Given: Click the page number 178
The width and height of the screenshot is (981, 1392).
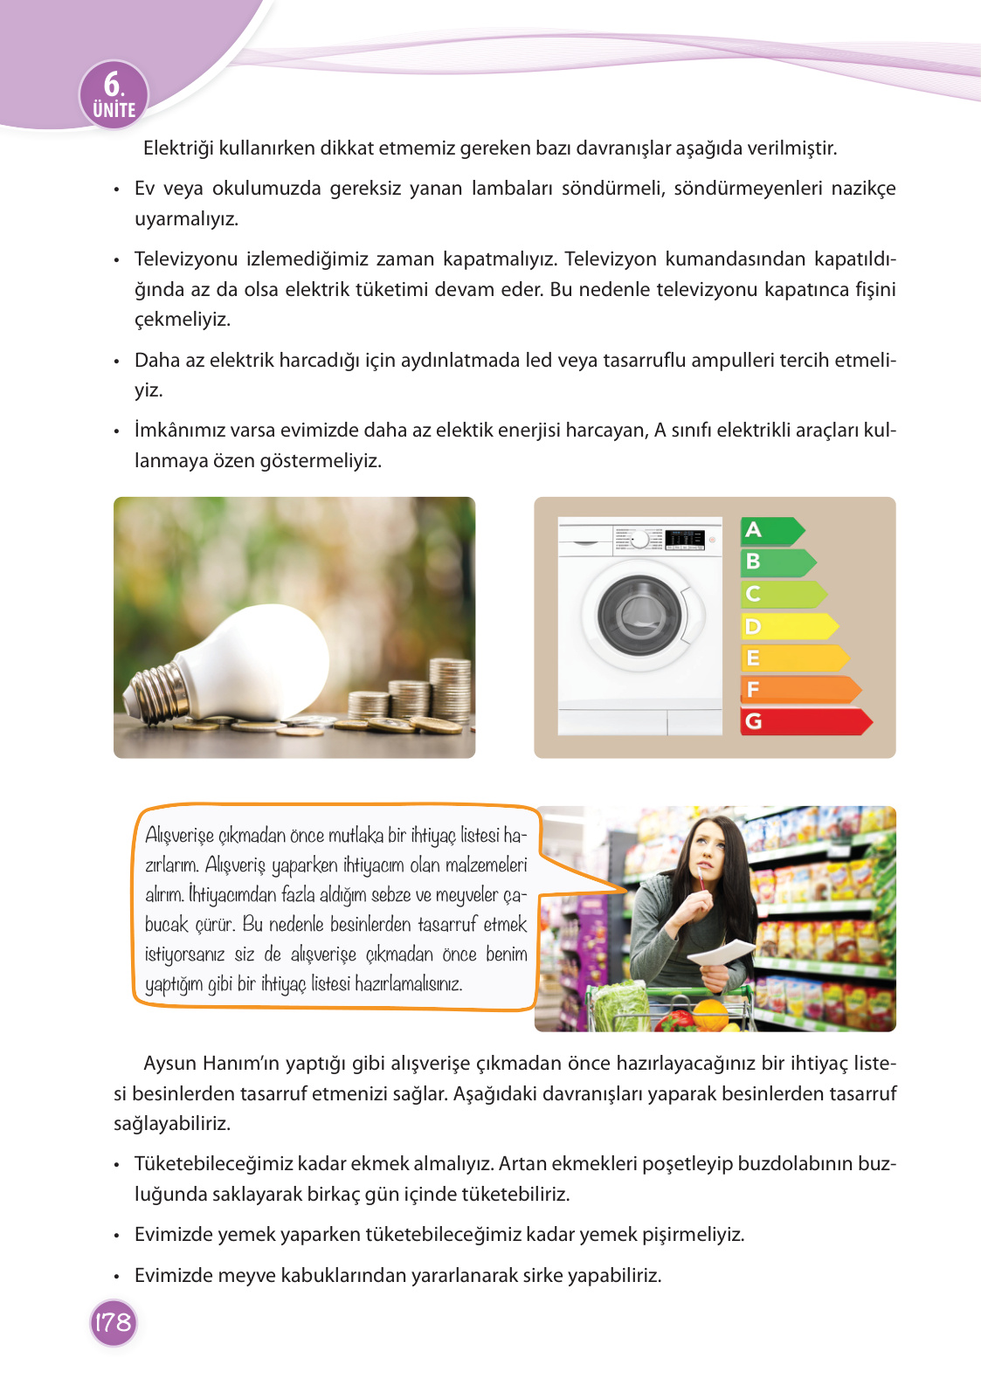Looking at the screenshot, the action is pyautogui.click(x=114, y=1322).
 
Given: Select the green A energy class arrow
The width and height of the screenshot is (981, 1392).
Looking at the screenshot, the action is pyautogui.click(x=771, y=530).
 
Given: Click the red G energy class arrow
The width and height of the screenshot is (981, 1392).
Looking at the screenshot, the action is pyautogui.click(x=805, y=721).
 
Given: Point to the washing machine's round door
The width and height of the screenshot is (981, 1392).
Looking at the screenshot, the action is pyautogui.click(x=641, y=615).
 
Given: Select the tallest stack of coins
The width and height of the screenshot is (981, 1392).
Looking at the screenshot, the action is pyautogui.click(x=450, y=690).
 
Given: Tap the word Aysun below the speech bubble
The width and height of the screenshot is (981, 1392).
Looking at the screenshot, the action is pyautogui.click(x=170, y=1064).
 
